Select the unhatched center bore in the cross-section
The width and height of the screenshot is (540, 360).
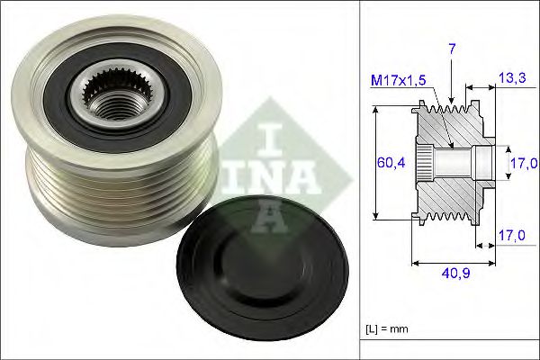click(x=454, y=163)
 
